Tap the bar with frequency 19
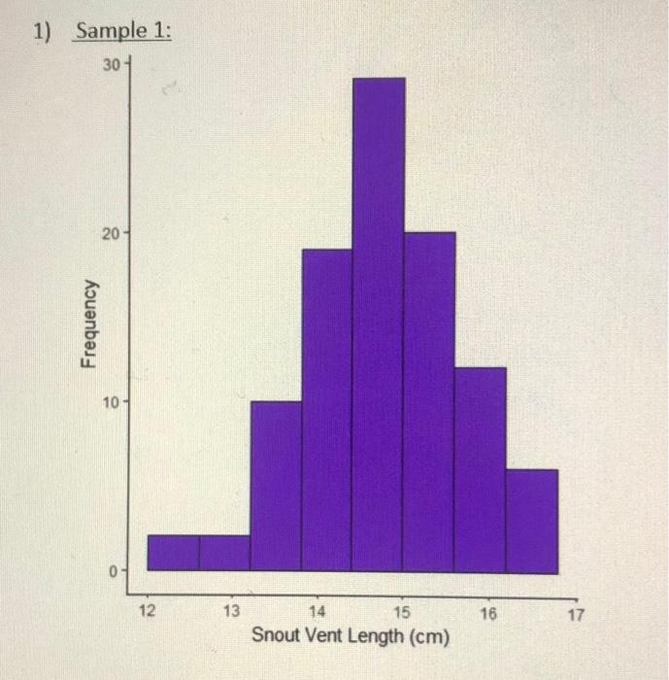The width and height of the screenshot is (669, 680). point(327,409)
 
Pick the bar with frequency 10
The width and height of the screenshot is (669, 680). point(276,485)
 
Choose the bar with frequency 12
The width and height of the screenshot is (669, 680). point(480,468)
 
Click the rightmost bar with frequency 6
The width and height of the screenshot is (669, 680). point(531,520)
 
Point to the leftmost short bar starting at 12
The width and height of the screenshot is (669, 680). point(173,552)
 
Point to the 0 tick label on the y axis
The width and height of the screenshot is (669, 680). point(114,570)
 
